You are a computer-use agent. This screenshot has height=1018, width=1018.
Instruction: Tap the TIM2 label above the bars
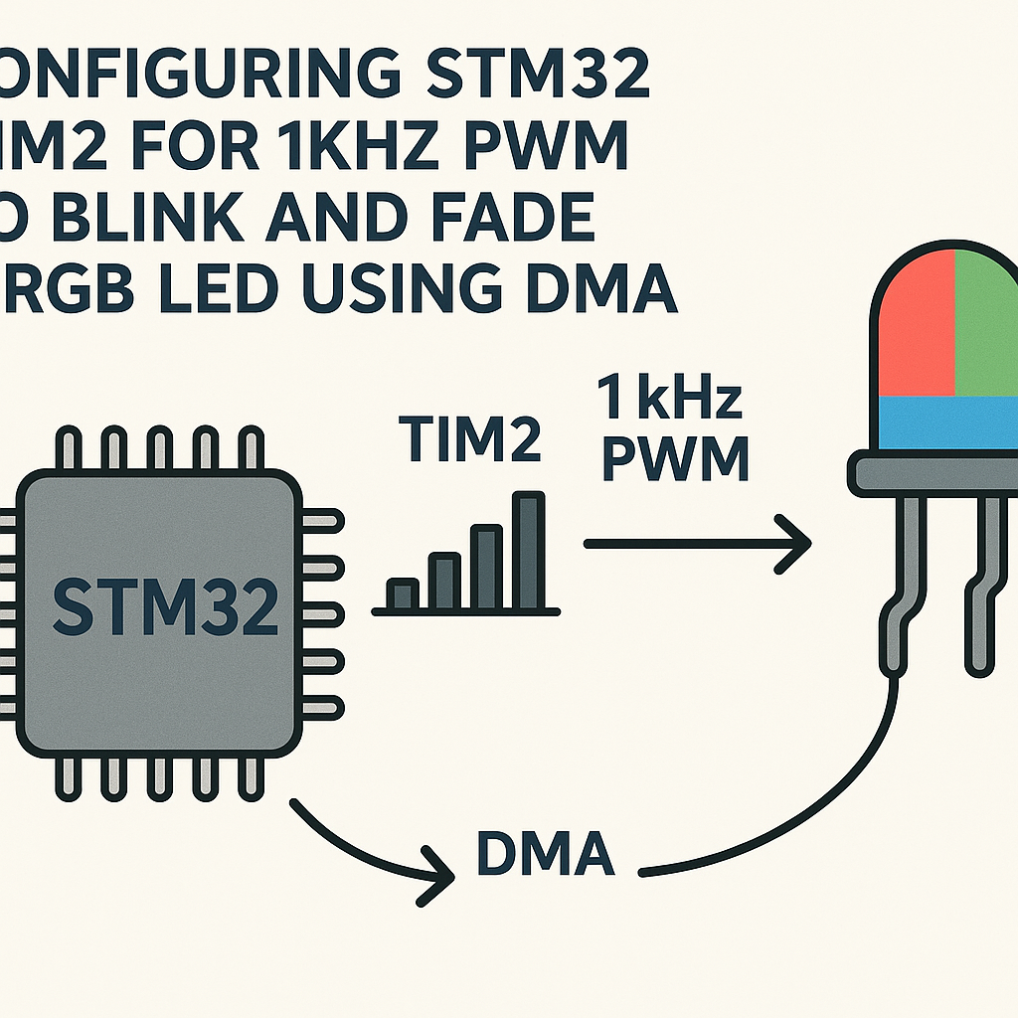point(469,438)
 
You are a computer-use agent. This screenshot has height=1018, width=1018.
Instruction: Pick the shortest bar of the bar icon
point(402,594)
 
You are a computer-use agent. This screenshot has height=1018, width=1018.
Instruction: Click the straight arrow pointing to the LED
point(696,544)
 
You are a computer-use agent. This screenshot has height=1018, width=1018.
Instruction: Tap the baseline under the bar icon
point(465,611)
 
